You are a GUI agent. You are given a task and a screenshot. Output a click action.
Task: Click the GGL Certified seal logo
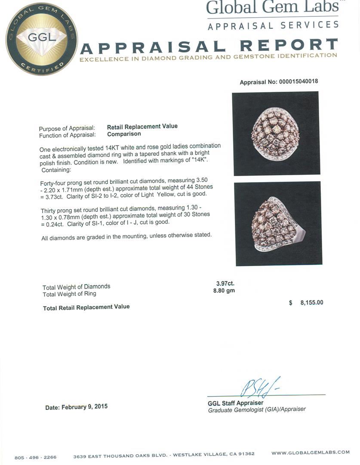coord(42,39)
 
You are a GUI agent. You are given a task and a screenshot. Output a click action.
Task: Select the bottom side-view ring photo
coord(279,223)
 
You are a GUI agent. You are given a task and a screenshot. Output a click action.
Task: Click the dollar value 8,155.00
coord(306,303)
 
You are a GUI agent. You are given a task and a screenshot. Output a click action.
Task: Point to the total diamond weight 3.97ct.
coord(225,283)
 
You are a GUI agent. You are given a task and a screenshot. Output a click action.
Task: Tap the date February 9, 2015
coord(77,407)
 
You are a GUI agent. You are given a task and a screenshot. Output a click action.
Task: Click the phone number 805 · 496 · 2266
coord(35,457)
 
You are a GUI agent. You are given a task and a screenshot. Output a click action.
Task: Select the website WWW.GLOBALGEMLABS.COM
coord(311,453)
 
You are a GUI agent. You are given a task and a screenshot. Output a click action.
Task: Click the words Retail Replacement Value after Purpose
coord(142,126)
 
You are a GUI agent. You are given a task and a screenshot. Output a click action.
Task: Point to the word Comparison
coord(124,134)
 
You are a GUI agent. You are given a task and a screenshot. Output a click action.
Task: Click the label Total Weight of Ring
coord(69,294)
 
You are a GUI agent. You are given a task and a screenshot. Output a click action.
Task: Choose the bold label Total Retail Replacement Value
coord(86,307)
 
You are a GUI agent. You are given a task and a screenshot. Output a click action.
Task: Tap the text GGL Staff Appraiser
coord(235,403)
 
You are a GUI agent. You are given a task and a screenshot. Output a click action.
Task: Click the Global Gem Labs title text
coord(272,8)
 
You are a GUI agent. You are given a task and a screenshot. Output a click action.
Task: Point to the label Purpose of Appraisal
coord(67,129)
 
